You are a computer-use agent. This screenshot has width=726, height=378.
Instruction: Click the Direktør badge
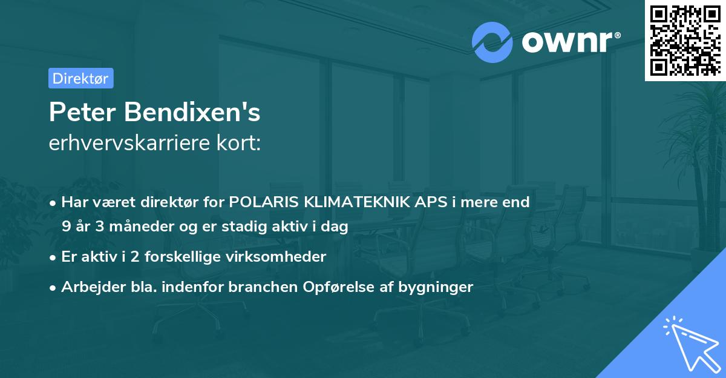[x=80, y=78]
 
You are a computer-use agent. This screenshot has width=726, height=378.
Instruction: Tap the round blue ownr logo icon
[x=492, y=42]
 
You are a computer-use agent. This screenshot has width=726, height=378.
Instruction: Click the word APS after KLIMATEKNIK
[x=428, y=202]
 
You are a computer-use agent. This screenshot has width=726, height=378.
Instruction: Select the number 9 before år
[x=66, y=227]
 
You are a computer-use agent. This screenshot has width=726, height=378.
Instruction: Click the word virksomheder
[x=281, y=257]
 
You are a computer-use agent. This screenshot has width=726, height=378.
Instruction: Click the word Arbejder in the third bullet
[x=88, y=287]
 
